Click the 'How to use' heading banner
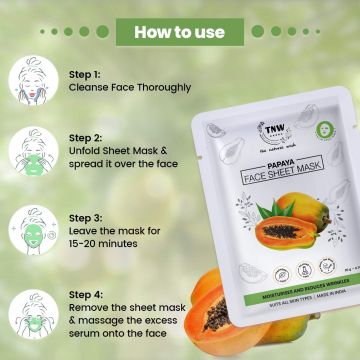click(x=180, y=31)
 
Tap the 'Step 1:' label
click(x=85, y=74)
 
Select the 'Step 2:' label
click(x=86, y=138)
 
